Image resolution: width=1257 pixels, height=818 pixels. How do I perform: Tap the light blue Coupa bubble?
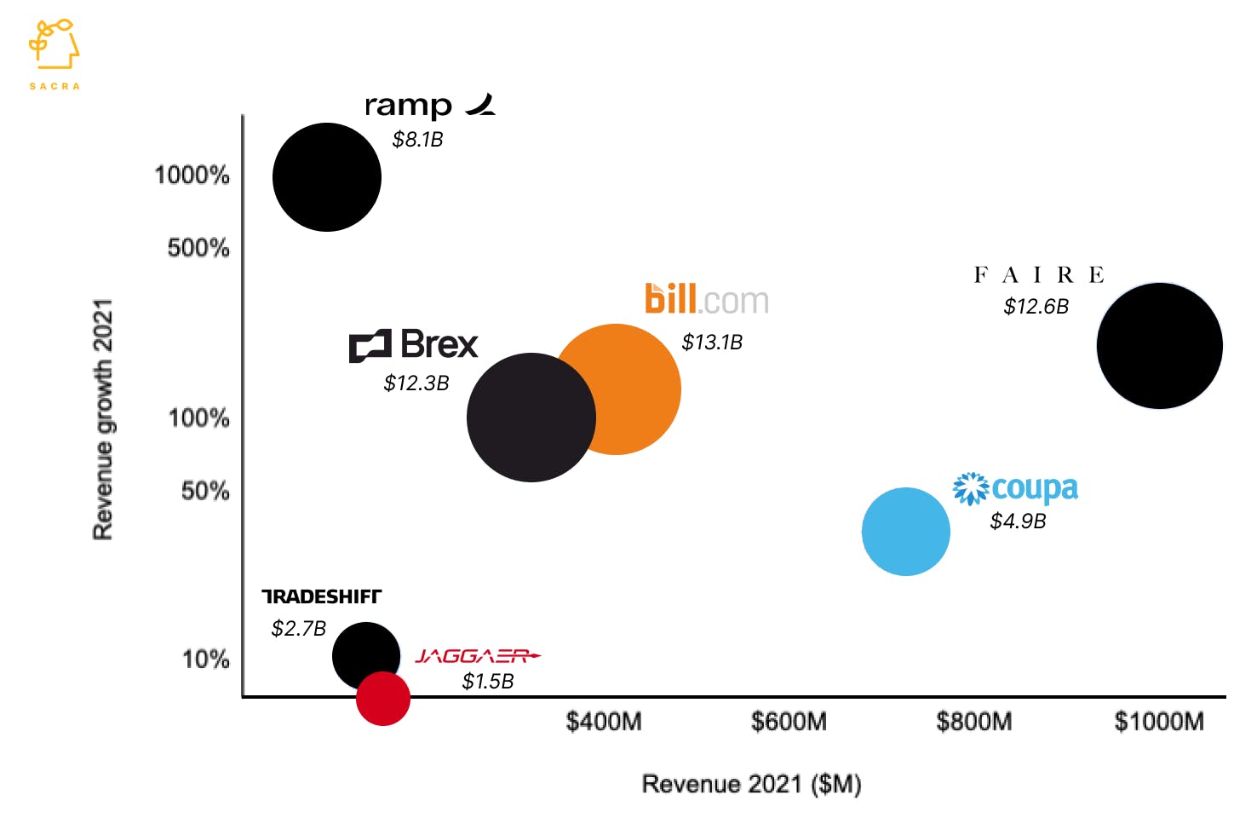tap(905, 532)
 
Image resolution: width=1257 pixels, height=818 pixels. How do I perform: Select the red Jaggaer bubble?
tap(383, 700)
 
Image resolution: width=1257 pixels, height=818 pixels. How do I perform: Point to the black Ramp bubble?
tap(326, 177)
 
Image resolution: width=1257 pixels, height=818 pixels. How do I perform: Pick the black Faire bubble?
tap(1159, 346)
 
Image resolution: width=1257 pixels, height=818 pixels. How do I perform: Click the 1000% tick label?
tap(192, 176)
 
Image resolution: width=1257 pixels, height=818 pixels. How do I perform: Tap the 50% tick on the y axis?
tap(204, 491)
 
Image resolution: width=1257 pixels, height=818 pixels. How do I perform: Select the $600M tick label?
tap(789, 723)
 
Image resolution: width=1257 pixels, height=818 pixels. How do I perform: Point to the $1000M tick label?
tap(1159, 723)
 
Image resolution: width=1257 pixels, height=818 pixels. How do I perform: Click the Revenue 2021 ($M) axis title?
tap(751, 784)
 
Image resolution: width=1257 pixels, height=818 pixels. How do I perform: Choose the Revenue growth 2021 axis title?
tap(103, 418)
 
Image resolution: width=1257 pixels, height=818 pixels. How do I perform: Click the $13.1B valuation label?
tap(712, 343)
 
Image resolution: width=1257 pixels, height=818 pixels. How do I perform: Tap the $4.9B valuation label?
tap(1018, 521)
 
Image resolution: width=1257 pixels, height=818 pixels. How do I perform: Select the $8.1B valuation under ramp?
tap(417, 140)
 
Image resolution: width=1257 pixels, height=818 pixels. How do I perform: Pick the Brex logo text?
tap(414, 345)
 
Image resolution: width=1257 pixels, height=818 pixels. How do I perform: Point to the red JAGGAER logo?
tap(477, 656)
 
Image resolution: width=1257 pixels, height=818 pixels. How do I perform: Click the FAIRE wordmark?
tap(1039, 275)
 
